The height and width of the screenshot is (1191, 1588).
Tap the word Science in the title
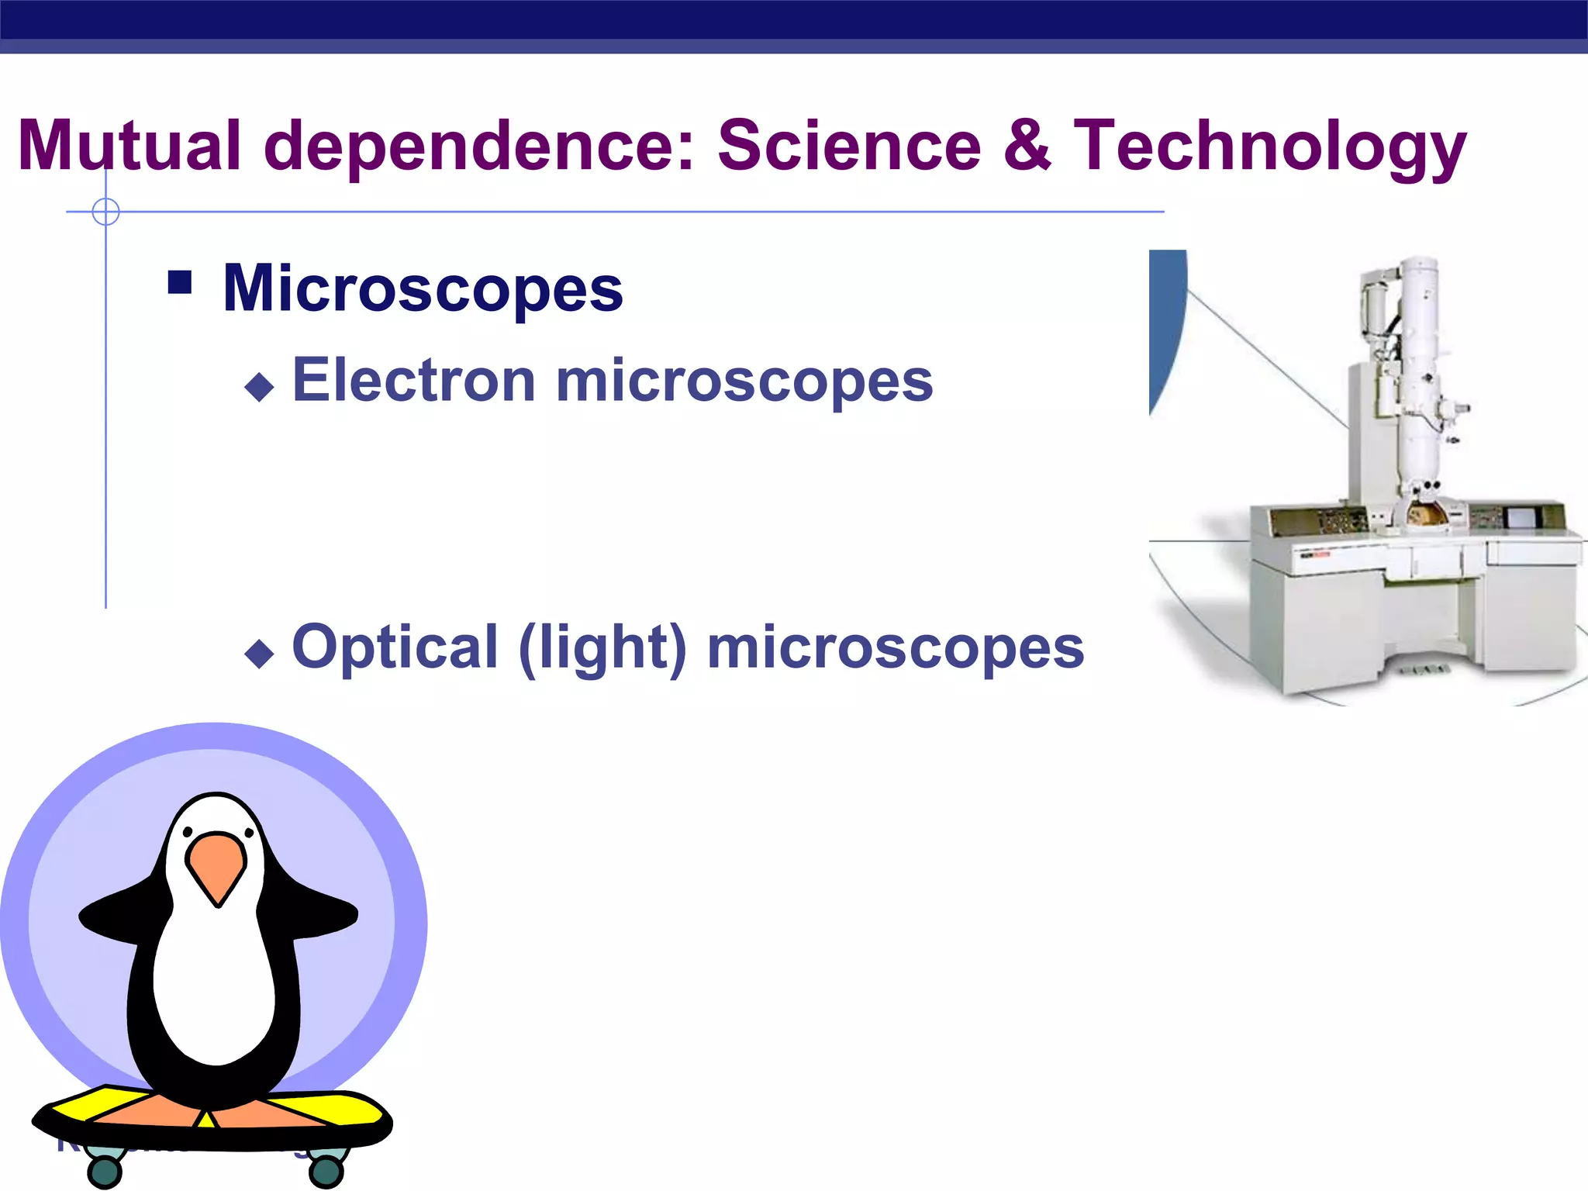tap(849, 146)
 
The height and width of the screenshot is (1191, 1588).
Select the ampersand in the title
tap(1027, 146)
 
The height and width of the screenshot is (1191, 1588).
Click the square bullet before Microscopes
tap(180, 282)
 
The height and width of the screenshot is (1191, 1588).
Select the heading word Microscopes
tap(423, 288)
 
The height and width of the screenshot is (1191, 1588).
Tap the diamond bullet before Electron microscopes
tap(259, 386)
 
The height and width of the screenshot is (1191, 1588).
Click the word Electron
tap(413, 381)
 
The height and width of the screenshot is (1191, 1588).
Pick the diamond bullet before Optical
tap(259, 653)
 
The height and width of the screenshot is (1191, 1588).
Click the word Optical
tap(395, 648)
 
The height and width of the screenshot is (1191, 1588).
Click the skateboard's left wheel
tap(104, 1171)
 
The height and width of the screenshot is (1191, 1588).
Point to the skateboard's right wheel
tap(326, 1171)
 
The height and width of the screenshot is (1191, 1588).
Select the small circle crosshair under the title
tap(105, 212)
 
